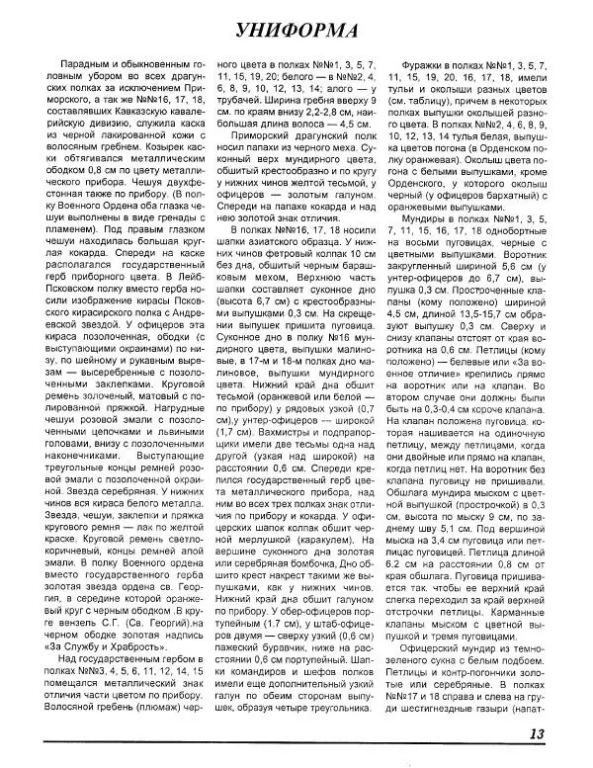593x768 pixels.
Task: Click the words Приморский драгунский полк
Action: coord(297,122)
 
